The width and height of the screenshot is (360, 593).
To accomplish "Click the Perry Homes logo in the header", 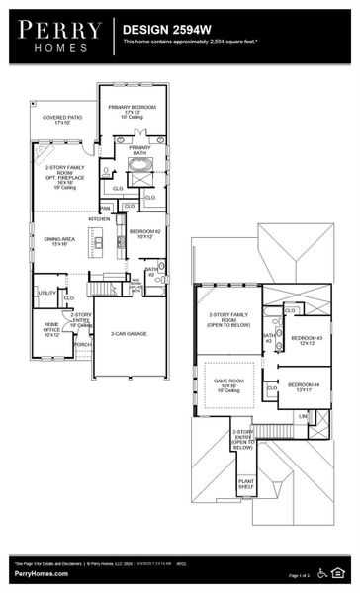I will pyautogui.click(x=59, y=36).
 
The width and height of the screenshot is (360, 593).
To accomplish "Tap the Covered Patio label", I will pyautogui.click(x=62, y=119).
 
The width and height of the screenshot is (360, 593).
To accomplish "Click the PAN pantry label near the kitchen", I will pyautogui.click(x=105, y=208).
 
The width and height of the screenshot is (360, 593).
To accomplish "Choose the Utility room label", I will pyautogui.click(x=46, y=293).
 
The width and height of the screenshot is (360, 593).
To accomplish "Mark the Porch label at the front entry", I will pyautogui.click(x=82, y=373).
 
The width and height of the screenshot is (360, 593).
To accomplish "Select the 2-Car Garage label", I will pyautogui.click(x=129, y=334).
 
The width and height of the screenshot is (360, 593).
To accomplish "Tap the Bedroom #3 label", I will pyautogui.click(x=304, y=341).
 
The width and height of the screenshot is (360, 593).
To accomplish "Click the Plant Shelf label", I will pyautogui.click(x=246, y=485).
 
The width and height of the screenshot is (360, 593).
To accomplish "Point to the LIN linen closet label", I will pyautogui.click(x=303, y=416).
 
